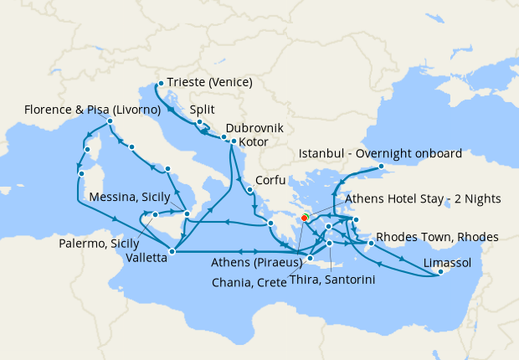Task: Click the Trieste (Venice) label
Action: pyautogui.click(x=209, y=83)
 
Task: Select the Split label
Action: pyautogui.click(x=203, y=110)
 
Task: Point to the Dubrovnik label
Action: pyautogui.click(x=254, y=129)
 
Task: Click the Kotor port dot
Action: pyautogui.click(x=234, y=141)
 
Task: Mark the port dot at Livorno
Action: pyautogui.click(x=110, y=121)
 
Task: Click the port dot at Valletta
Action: pyautogui.click(x=172, y=250)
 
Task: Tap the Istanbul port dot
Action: pyautogui.click(x=383, y=166)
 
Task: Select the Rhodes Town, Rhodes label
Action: pyautogui.click(x=438, y=237)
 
